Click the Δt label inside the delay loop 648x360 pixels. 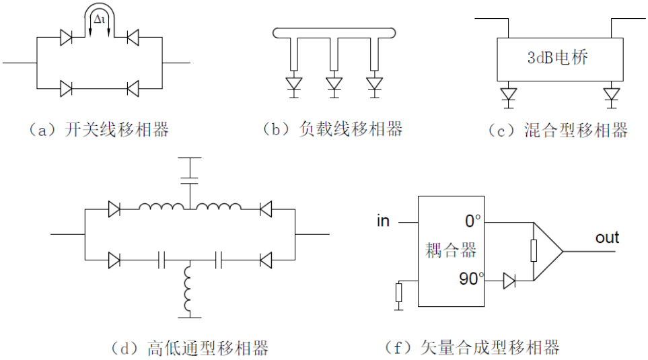[x=100, y=20]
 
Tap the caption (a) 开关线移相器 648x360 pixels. [x=98, y=130]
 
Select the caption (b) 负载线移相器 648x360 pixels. [x=332, y=129]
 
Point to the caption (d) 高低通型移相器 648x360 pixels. [x=190, y=348]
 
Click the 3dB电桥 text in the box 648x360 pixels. [x=558, y=58]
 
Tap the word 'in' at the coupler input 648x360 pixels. [x=384, y=221]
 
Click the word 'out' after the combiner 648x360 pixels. [x=608, y=238]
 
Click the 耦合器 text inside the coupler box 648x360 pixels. [x=452, y=251]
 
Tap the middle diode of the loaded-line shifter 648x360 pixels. [x=334, y=84]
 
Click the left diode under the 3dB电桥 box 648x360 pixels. [x=509, y=94]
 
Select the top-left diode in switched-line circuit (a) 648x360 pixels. [x=67, y=38]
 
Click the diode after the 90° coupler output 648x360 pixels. [x=509, y=281]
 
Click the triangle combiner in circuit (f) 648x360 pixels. [x=548, y=251]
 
